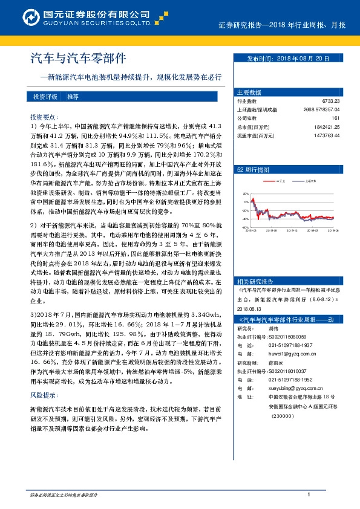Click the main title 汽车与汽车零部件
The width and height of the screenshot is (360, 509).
[x=78, y=59]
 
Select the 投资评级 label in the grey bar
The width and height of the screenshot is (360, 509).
[x=45, y=97]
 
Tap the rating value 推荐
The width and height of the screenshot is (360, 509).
[x=73, y=97]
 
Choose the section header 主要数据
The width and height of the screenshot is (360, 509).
[x=249, y=92]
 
